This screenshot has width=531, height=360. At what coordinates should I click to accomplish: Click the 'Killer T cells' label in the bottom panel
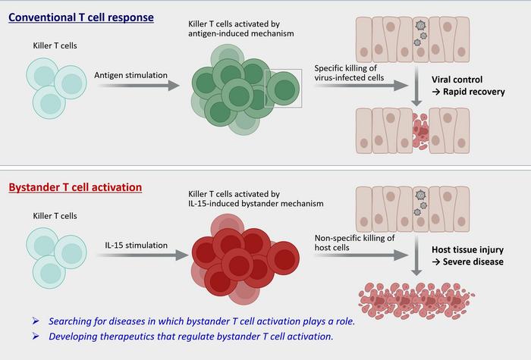pos(50,217)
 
